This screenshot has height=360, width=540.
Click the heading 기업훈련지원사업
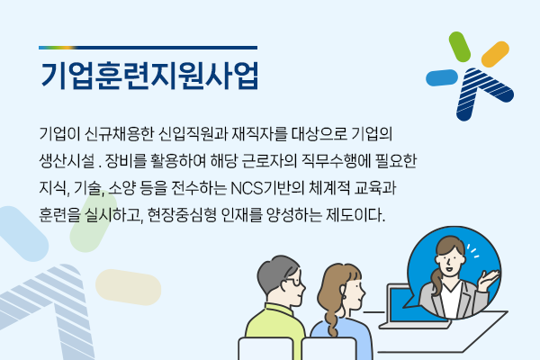coord(149,76)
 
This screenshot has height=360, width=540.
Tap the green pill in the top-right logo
coord(459,47)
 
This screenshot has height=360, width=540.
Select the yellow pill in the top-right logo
coord(495,54)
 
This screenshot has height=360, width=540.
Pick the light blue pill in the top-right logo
coord(442,77)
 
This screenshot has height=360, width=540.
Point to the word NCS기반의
coord(267,188)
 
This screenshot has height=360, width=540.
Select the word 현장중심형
coord(182,215)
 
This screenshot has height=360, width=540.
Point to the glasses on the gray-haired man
coord(293,281)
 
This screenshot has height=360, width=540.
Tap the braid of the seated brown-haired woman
coord(333,320)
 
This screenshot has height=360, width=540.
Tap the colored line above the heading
coord(148,48)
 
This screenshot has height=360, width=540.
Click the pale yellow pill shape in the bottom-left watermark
coord(128,287)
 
